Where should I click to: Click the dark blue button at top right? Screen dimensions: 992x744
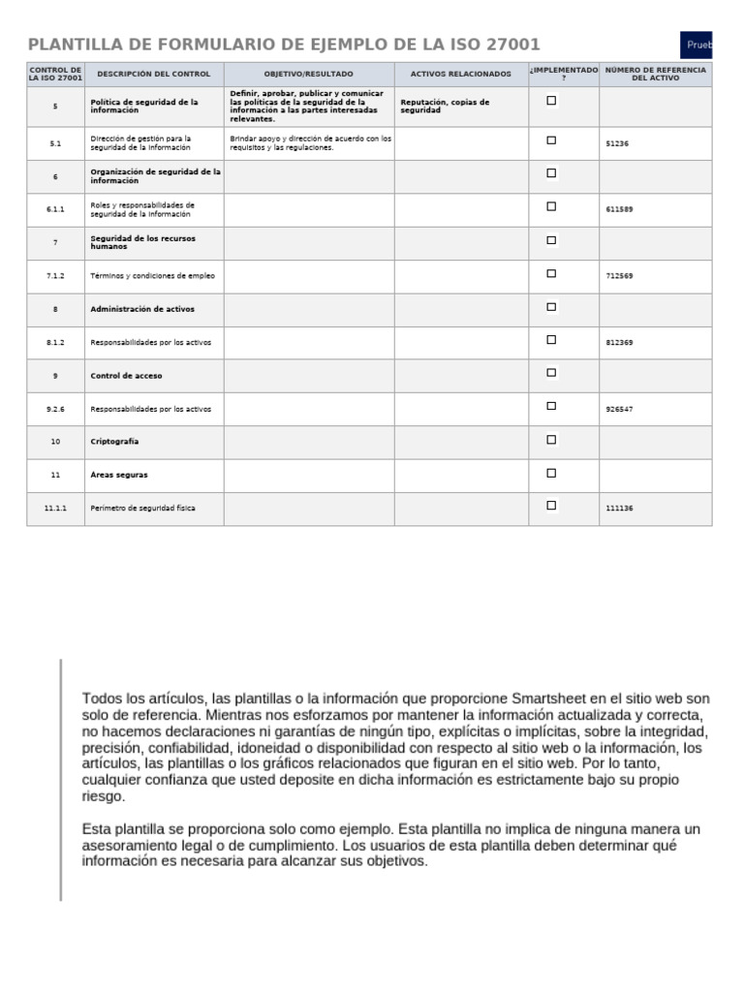[697, 46]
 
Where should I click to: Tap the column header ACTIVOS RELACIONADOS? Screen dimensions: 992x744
[460, 74]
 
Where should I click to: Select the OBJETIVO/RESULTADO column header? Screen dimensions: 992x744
[309, 74]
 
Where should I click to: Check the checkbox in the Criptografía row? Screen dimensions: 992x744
[551, 440]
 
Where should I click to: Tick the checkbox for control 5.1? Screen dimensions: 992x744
[551, 140]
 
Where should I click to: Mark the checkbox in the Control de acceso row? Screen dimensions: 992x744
[551, 373]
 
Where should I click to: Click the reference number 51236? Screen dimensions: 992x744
[617, 143]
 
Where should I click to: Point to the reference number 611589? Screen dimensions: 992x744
[619, 209]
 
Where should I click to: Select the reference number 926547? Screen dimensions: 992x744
[619, 409]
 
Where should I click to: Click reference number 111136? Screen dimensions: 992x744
[619, 508]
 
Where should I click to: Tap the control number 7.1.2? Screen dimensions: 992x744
[55, 276]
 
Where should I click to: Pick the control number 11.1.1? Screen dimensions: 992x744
[55, 508]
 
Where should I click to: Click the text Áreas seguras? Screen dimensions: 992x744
[119, 475]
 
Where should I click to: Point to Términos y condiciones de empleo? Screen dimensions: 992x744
[152, 276]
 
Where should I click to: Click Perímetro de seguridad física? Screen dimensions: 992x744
[142, 508]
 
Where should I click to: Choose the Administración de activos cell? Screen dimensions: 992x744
[141, 309]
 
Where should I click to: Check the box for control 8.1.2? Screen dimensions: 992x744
[551, 340]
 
